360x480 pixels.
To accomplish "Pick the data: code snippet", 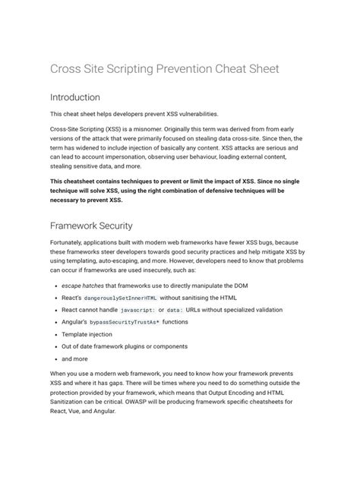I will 176,311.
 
